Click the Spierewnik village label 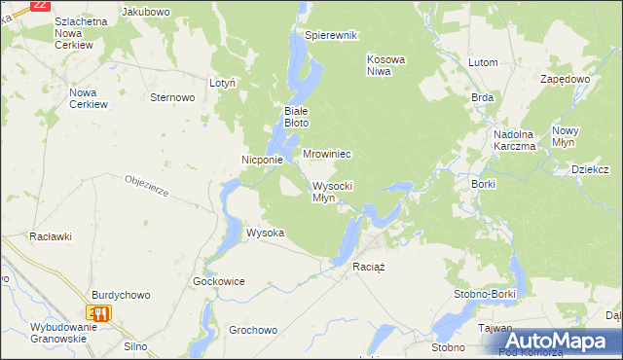tap(331, 35)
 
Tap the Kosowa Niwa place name tap(385, 65)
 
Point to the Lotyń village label tap(223, 84)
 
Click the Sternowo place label tap(173, 97)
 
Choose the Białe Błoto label tap(296, 117)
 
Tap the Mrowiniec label tap(326, 155)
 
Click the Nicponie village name tap(262, 160)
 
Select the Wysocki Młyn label tap(332, 192)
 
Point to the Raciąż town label tap(370, 267)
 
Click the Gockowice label tap(219, 281)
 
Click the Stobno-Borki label tap(484, 291)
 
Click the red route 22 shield tap(40, 5)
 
